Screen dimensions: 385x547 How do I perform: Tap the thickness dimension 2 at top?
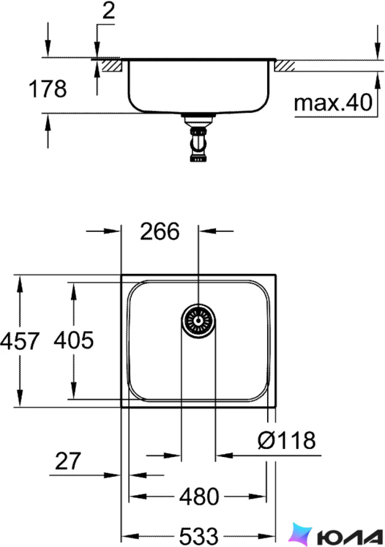coord(108,11)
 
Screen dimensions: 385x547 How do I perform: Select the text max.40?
coord(333,103)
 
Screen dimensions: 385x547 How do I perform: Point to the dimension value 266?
coord(160,231)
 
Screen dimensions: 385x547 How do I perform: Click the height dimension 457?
coord(19,341)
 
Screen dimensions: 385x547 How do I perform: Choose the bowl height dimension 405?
coord(74,340)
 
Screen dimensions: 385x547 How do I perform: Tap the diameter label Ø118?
coord(287,440)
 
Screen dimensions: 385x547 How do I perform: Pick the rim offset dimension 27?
coord(68,461)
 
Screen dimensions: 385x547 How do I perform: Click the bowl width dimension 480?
coord(199,496)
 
